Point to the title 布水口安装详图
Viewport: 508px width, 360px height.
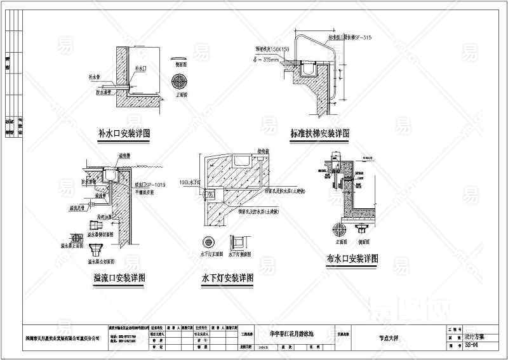coord(352,259)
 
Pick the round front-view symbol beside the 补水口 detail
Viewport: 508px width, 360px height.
coord(180,83)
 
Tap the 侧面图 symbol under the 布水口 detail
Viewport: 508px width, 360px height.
coord(364,228)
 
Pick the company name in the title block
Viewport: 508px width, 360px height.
coord(63,340)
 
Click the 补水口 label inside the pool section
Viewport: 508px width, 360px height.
coord(141,67)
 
